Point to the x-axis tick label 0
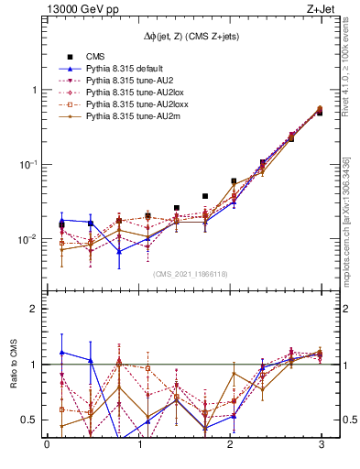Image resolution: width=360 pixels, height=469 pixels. (47, 446)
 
